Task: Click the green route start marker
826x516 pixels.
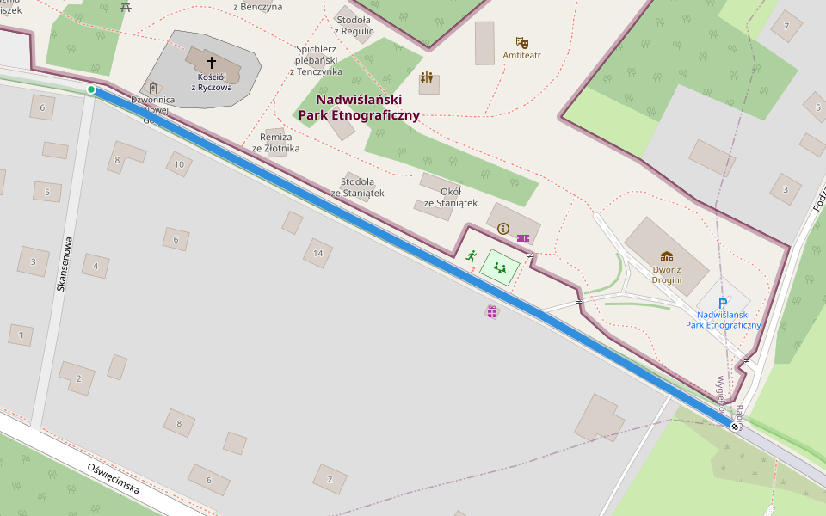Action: click(91, 89)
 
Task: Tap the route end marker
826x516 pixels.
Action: click(735, 427)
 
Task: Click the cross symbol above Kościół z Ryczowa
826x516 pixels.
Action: click(212, 63)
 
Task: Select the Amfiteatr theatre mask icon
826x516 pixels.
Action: click(521, 42)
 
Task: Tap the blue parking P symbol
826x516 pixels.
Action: click(723, 304)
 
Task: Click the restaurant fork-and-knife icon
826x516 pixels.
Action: click(427, 78)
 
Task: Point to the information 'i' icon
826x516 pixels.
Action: click(503, 229)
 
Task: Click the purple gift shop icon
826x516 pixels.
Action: click(491, 311)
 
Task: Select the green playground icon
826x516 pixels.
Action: click(500, 268)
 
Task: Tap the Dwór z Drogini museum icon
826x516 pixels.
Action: click(666, 256)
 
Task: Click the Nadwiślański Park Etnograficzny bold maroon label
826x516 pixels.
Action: click(359, 107)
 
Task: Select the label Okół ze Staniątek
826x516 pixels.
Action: click(450, 197)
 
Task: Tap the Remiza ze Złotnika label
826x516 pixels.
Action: click(275, 142)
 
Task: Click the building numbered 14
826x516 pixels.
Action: click(317, 253)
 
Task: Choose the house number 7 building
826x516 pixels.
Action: click(786, 26)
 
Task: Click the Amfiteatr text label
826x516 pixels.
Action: click(521, 55)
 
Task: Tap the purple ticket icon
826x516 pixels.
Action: click(523, 238)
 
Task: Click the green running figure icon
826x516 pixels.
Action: click(471, 255)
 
